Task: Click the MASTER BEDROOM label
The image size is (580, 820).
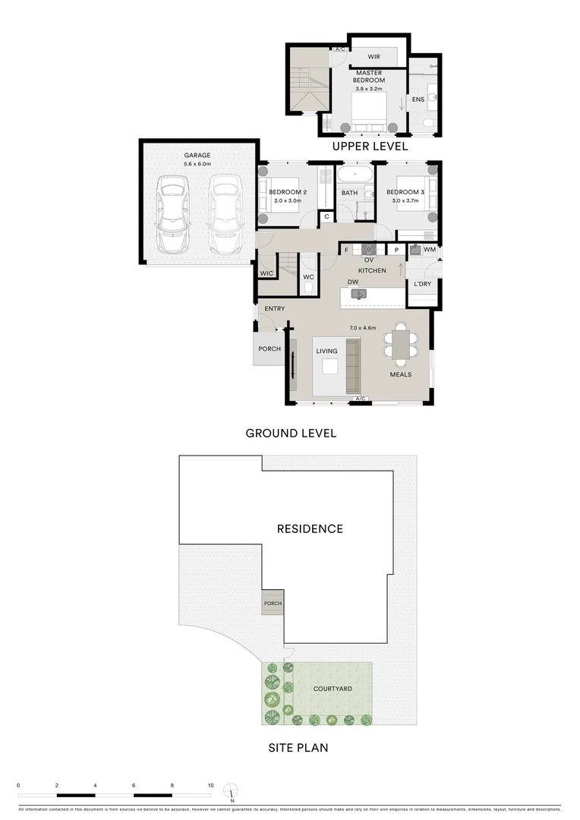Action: click(x=370, y=77)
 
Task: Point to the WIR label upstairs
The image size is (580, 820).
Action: click(x=374, y=57)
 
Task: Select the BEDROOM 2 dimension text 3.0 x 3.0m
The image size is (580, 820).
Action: click(x=287, y=202)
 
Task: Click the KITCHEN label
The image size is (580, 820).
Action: click(x=372, y=270)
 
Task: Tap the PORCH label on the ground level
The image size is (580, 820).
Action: click(x=270, y=349)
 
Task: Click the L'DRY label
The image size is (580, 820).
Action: click(x=422, y=284)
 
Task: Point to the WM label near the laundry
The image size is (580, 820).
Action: click(x=430, y=250)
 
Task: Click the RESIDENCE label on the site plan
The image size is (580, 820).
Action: click(x=310, y=528)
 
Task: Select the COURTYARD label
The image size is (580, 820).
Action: click(x=333, y=689)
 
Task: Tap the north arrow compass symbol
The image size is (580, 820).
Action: click(x=233, y=793)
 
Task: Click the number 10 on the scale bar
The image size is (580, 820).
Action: click(x=211, y=785)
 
